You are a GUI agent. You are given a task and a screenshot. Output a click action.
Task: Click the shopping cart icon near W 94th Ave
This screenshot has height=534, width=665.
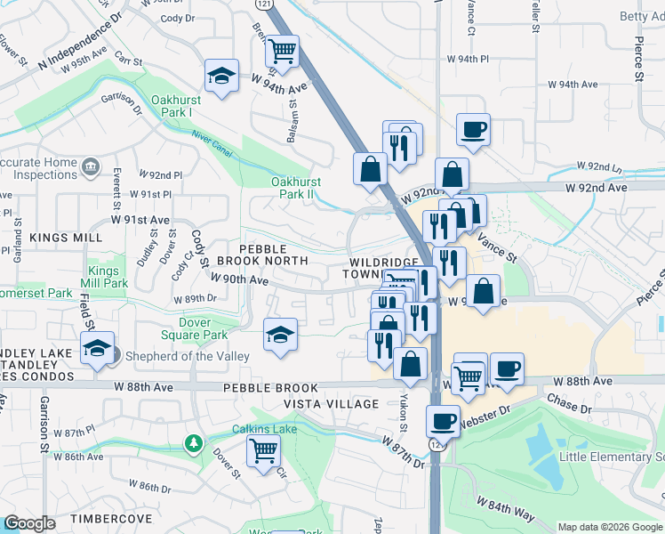[x=282, y=52]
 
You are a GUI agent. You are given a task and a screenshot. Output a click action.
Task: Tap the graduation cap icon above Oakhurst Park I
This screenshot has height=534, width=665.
[x=221, y=76]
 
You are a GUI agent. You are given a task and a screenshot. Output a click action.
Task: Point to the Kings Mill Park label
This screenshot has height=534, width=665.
[x=108, y=277]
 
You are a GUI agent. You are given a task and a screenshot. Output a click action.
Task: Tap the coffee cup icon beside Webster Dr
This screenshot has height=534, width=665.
[x=442, y=421]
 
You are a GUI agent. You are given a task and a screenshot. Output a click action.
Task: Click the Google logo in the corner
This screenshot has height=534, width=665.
[x=29, y=523]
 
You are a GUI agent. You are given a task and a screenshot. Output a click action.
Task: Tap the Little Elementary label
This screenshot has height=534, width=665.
[x=611, y=457]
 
